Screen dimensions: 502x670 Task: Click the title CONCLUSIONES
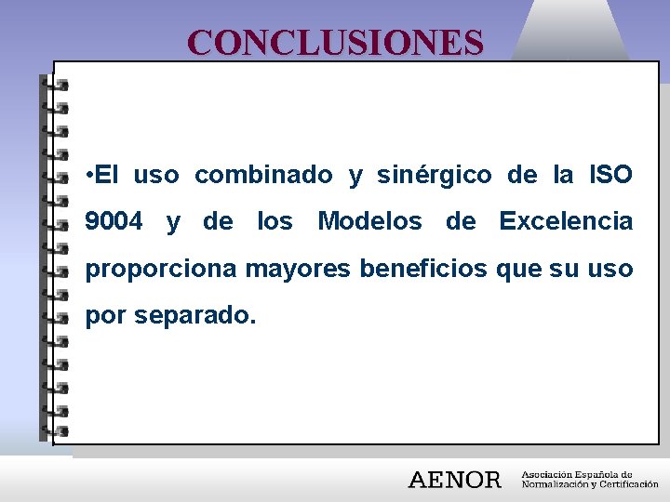pyautogui.click(x=335, y=42)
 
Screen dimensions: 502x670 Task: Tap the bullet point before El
pyautogui.click(x=87, y=175)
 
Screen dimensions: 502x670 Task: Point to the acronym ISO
pyautogui.click(x=610, y=175)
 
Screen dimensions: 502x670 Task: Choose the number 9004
pyautogui.click(x=114, y=222)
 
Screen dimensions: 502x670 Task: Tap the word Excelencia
pyautogui.click(x=566, y=222)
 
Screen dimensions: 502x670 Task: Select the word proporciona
pyautogui.click(x=162, y=270)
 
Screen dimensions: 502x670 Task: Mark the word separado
pyautogui.click(x=194, y=317)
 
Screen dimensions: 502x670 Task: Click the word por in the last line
pyautogui.click(x=106, y=317)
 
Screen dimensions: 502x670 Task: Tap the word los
pyautogui.click(x=275, y=222)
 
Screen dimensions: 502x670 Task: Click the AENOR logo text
pyautogui.click(x=455, y=480)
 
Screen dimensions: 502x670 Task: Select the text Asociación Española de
pyautogui.click(x=577, y=473)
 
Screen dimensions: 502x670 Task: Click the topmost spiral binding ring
pyautogui.click(x=55, y=83)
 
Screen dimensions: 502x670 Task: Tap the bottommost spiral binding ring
pyautogui.click(x=55, y=430)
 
